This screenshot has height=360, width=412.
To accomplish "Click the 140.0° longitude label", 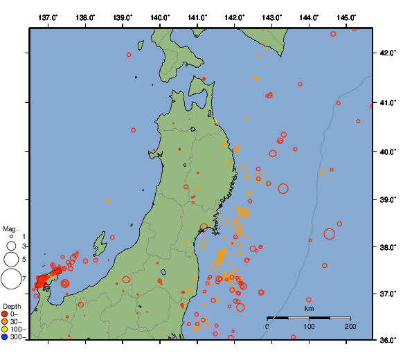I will point(160,17).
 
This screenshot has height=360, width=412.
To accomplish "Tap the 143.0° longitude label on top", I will point(272,17).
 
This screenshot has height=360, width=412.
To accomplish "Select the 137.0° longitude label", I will point(48,17).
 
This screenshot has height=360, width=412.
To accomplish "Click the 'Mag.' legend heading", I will point(10,228).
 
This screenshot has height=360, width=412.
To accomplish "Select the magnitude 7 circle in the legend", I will point(11,279).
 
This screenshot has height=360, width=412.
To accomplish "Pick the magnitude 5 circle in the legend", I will point(11,259).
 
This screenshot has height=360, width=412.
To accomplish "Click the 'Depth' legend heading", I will point(12,306).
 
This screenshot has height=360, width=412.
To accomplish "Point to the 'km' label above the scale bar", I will point(309,308).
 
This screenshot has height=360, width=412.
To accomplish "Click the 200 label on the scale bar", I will point(350,326).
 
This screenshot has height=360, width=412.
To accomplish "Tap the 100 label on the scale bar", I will point(309,326).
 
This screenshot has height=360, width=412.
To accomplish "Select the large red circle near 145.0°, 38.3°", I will point(330,234).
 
